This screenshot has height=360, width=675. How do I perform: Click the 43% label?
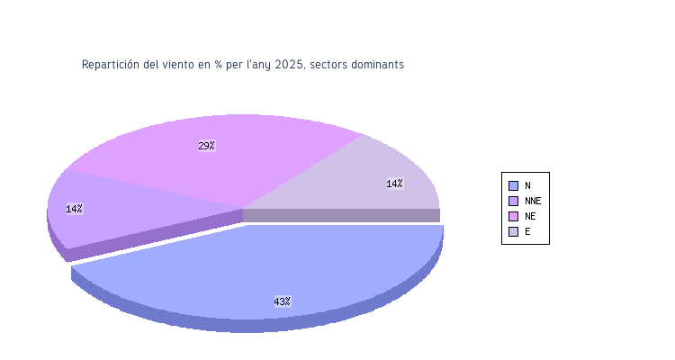click(282, 301)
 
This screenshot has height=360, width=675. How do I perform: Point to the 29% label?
click(206, 146)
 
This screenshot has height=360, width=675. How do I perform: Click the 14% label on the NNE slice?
click(74, 209)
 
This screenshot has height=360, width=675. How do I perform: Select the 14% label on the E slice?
click(394, 184)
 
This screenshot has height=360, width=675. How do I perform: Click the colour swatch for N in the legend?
click(513, 185)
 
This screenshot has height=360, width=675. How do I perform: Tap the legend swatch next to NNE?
click(513, 201)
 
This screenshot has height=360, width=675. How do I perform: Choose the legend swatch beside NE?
click(513, 216)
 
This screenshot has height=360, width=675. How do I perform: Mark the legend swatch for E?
click(513, 231)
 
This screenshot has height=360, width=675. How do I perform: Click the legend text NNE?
click(533, 201)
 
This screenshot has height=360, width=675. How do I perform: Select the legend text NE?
click(530, 216)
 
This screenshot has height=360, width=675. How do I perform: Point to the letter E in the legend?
click(527, 231)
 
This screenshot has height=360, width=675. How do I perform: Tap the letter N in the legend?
click(527, 185)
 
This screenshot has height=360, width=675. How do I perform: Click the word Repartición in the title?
click(111, 65)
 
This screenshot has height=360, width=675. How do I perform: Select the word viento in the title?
click(179, 65)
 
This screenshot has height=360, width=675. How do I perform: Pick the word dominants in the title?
click(379, 65)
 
